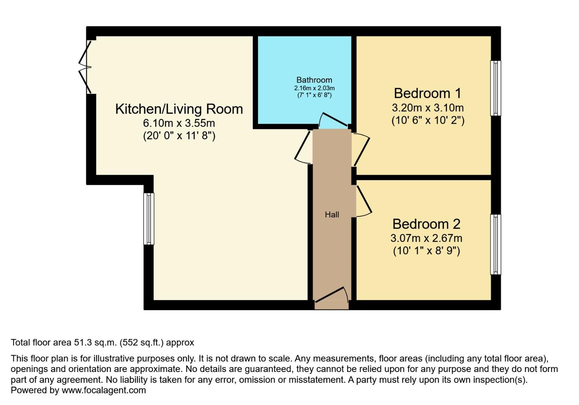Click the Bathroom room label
pos(314,80)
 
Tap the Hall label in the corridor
pos(332,214)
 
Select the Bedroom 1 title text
pos(427,93)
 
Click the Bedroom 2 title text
pos(426,224)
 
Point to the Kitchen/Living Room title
pos(179,109)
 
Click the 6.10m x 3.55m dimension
pos(179,123)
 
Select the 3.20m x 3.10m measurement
pos(427,108)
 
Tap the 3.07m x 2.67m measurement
pos(426,238)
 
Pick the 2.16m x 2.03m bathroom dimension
pos(314,88)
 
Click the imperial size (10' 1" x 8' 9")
pos(426,250)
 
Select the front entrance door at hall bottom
pos(331,295)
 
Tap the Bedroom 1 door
pos(361,149)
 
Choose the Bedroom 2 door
pos(363,202)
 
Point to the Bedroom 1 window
pos(496,88)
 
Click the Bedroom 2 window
pos(496,244)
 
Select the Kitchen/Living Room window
pos(149,219)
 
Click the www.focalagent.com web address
pos(103,390)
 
